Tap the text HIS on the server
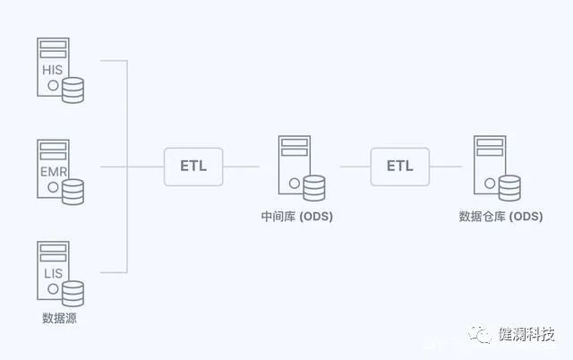coord(51,70)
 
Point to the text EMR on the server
coord(51,170)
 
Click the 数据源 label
coord(59,318)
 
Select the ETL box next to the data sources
coord(192,167)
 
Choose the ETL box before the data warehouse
coord(400,167)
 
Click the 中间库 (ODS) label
coord(295,216)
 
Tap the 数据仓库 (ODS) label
coord(500,216)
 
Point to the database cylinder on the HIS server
coord(73,90)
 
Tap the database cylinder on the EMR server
coord(73,191)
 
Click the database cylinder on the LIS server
coord(73,293)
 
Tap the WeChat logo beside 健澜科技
coord(482,334)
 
